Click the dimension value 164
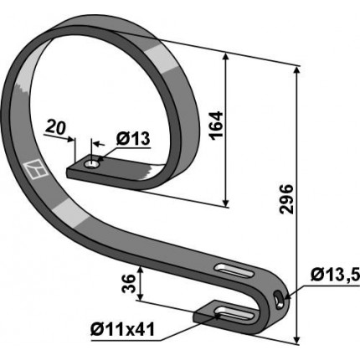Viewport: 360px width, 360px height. click(217, 126)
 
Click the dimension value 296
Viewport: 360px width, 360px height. click(287, 199)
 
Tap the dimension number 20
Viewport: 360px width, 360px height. click(55, 127)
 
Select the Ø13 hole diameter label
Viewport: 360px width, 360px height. click(133, 138)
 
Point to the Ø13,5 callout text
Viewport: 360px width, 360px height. click(335, 275)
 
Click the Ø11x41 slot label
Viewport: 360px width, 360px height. click(122, 330)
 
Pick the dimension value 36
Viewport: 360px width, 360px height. click(129, 284)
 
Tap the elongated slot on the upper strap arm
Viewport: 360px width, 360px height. click(233, 270)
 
